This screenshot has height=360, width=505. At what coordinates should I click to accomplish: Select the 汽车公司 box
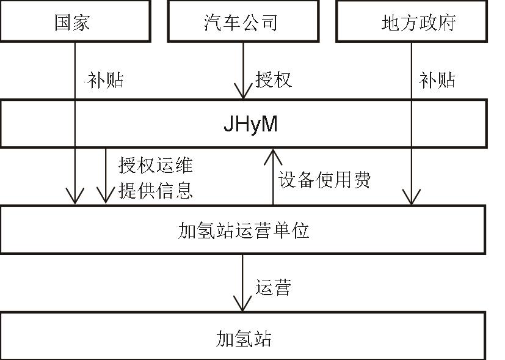242,22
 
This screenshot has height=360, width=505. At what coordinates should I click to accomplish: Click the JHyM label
250,125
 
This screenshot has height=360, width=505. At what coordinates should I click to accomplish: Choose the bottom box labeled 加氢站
244,338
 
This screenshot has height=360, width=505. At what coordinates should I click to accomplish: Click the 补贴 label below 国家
105,80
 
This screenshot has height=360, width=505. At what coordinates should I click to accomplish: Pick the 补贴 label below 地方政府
437,80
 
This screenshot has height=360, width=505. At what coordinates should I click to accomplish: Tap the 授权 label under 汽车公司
273,80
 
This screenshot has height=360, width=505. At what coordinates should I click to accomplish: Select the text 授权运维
156,165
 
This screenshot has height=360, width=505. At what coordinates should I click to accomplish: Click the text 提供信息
156,190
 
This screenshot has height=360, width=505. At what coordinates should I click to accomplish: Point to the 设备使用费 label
325,179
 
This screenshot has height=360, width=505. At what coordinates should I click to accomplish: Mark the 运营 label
272,287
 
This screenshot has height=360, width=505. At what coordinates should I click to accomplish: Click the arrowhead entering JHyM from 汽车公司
243,93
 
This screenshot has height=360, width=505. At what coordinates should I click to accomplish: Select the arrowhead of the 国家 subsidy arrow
75,197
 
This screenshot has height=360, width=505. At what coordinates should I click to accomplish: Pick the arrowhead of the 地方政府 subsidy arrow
412,197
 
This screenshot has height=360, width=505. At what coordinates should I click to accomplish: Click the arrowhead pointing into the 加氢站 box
243,304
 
